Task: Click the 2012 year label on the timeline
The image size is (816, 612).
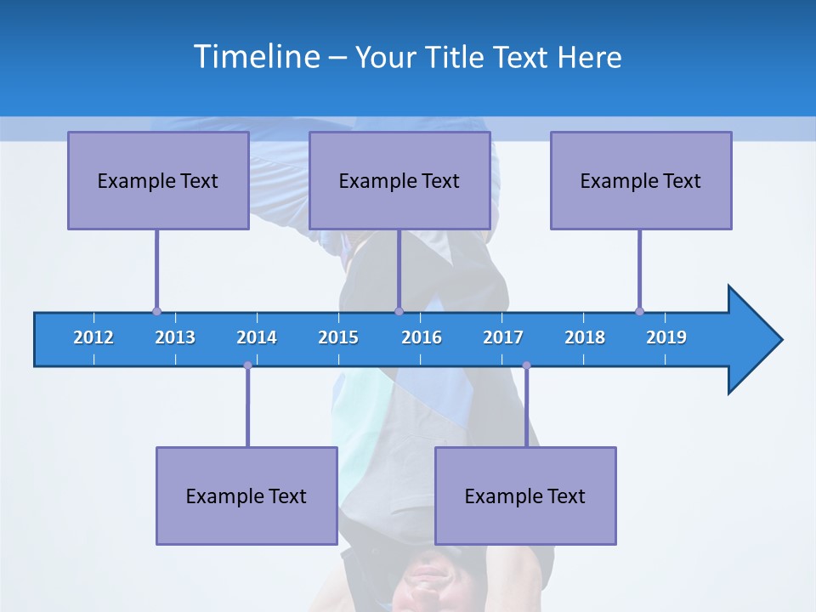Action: tap(93, 337)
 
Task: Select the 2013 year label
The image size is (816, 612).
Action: tap(175, 337)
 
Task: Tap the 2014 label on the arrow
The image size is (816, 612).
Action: tap(257, 337)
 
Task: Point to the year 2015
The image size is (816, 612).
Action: tap(338, 337)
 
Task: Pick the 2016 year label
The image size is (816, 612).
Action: tap(422, 337)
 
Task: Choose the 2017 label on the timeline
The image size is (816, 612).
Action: tap(503, 337)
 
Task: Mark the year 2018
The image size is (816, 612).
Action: tap(585, 337)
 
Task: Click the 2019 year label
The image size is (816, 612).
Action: tap(666, 337)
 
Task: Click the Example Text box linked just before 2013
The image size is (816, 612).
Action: tap(158, 180)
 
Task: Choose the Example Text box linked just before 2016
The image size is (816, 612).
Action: tap(399, 180)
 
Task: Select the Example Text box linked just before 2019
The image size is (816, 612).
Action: tap(641, 180)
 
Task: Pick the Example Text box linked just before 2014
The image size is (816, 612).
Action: tap(246, 496)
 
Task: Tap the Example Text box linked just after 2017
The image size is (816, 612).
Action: tap(525, 496)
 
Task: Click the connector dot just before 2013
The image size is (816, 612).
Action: tap(156, 311)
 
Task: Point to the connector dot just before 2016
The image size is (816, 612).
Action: tap(399, 311)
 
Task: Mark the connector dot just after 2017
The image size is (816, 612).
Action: tap(526, 365)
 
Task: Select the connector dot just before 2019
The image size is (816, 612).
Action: tap(639, 311)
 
